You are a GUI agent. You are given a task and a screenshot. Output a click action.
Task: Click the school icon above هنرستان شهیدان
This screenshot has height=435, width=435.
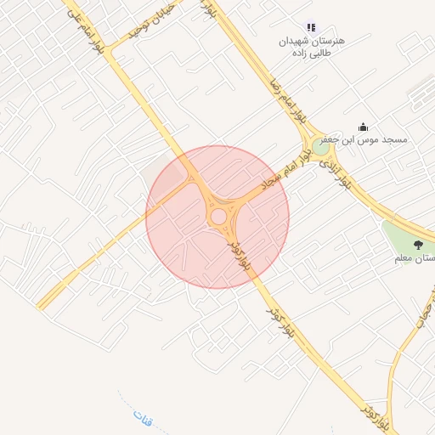[310, 28]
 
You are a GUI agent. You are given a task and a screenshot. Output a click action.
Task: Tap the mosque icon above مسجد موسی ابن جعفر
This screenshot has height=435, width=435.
[364, 127]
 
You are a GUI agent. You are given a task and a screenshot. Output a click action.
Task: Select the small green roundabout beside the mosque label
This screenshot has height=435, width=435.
[321, 147]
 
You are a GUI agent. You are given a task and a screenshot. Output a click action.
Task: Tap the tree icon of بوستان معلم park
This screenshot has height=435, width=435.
[416, 245]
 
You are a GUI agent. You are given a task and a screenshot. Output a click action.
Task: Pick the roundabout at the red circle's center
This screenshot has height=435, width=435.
[218, 217]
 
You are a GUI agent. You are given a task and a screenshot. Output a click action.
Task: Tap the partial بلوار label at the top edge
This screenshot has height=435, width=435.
[208, 8]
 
